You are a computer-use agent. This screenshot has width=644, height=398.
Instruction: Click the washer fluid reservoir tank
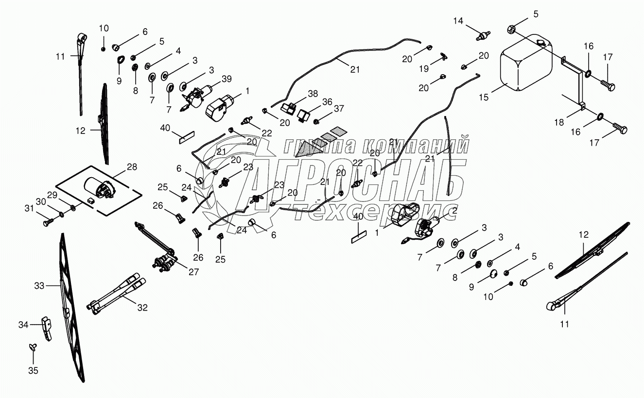526,63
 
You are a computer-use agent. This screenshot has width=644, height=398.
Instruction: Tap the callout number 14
459,20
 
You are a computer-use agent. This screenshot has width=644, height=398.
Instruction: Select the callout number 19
424,68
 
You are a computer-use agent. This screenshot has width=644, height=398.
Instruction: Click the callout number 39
226,79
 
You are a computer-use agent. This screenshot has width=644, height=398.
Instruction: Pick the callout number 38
312,94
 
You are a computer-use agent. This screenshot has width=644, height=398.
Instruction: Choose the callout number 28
132,167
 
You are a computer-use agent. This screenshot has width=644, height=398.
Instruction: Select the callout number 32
142,307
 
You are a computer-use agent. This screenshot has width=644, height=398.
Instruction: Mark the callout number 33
39,286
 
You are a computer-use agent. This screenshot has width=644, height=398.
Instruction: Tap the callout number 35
33,371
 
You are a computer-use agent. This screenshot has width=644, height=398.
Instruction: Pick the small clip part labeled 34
47,328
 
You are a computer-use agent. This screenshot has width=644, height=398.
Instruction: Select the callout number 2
455,211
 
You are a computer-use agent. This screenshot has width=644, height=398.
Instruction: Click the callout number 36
327,102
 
